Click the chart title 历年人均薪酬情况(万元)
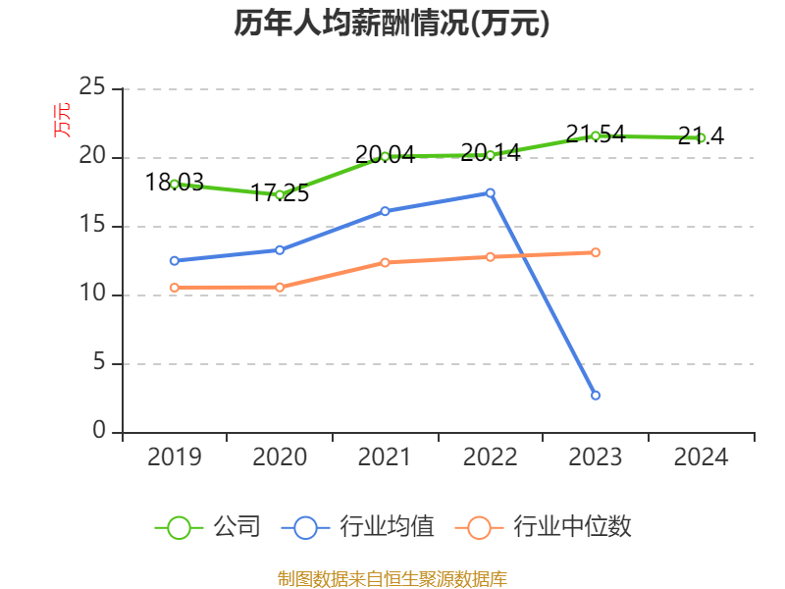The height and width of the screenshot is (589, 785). (x=392, y=24)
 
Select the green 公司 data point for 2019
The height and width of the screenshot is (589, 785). (x=175, y=184)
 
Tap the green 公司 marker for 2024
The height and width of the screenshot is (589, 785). (x=702, y=137)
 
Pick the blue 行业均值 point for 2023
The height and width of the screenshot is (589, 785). (x=596, y=395)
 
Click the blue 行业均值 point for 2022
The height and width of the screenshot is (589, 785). (x=491, y=192)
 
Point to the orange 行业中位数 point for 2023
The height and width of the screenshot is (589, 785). (x=596, y=252)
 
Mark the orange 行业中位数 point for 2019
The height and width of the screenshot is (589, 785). (x=175, y=288)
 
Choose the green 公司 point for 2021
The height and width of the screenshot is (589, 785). (x=386, y=156)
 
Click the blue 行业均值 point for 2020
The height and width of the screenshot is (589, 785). (x=280, y=249)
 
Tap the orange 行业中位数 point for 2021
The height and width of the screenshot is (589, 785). (x=386, y=262)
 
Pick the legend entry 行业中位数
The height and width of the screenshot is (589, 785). (x=544, y=527)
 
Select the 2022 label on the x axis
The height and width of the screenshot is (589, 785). (x=491, y=457)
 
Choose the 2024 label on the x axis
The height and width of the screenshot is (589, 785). (x=702, y=457)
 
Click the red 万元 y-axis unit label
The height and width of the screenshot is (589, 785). (x=63, y=120)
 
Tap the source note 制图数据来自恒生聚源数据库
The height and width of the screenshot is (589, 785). (x=392, y=578)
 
